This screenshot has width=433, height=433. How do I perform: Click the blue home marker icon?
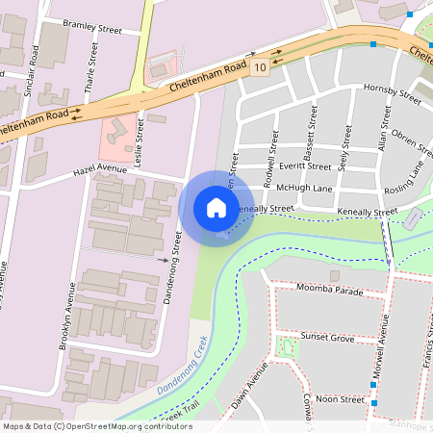tap(216, 207)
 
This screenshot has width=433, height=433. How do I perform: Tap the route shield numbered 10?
tap(260, 66)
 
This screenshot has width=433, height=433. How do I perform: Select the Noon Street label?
tap(340, 398)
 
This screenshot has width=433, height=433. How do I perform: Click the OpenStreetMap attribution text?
tap(97, 426)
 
